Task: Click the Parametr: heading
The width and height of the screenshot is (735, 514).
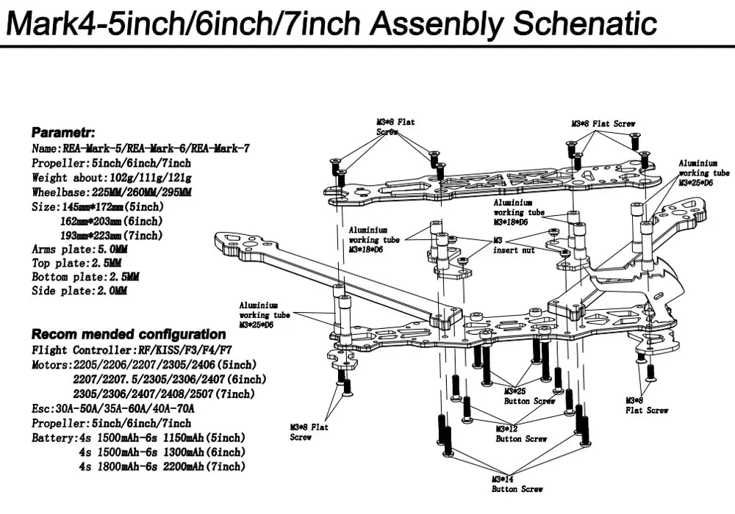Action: point(63,133)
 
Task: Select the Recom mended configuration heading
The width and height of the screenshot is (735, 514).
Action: point(129,334)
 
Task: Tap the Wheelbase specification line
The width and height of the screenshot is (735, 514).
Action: point(112,192)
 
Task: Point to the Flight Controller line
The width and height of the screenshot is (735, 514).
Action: point(132,350)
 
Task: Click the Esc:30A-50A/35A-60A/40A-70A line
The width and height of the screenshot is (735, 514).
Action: point(113,408)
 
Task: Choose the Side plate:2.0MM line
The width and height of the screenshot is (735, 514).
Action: point(79,292)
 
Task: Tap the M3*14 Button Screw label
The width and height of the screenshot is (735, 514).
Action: point(517,484)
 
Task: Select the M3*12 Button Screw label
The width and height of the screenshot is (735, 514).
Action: point(521,434)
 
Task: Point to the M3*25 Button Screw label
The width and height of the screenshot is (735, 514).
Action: point(529,397)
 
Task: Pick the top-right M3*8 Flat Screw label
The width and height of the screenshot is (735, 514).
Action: point(603,124)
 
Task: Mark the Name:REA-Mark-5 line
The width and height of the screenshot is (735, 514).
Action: point(140,148)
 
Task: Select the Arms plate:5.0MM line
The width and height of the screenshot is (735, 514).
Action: point(79,250)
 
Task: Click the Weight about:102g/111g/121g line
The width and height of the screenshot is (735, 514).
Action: point(112,178)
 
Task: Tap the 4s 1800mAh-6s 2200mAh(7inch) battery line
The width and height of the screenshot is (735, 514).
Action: point(161,466)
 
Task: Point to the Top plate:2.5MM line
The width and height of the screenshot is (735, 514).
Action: point(76,263)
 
